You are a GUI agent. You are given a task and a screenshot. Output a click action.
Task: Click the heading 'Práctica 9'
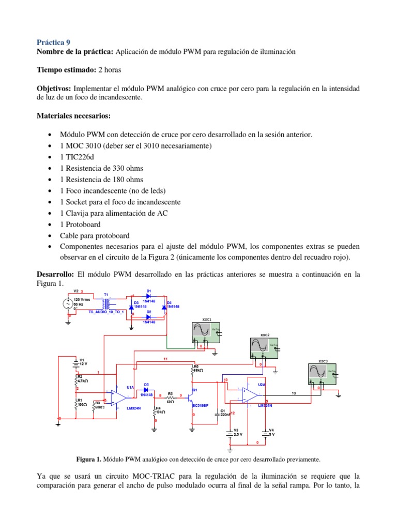coord(53,42)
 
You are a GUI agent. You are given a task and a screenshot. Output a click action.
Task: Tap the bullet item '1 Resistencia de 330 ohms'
coord(102,168)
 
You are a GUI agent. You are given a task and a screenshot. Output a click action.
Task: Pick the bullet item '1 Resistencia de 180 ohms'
coord(102,179)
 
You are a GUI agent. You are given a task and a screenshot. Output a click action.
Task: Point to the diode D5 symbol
coord(146,389)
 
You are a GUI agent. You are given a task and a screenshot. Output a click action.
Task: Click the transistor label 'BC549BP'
coord(200,406)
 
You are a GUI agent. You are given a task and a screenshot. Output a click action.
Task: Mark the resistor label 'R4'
coord(159,408)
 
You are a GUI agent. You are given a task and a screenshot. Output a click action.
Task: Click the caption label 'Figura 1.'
coord(89,459)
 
